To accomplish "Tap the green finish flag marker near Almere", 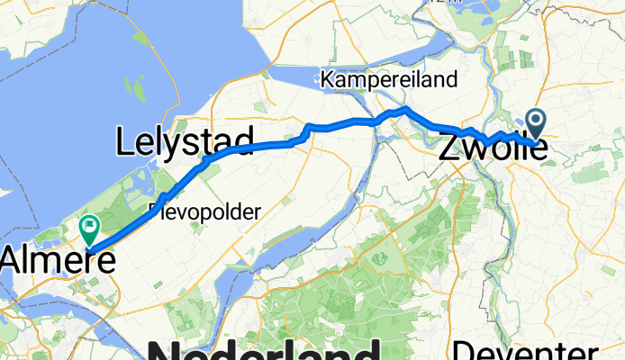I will pos(90,227).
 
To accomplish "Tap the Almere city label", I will pos(58,261).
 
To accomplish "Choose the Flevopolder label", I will pos(204,212).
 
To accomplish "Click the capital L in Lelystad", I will pos(124,142).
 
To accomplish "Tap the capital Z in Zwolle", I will pos(449,148).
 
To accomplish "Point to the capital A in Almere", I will pos(11,261).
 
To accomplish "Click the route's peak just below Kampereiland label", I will pos(406,109).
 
